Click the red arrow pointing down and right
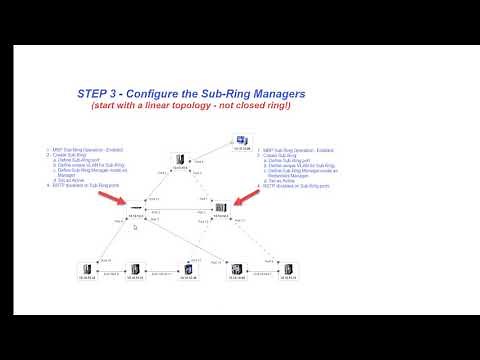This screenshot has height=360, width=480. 113,201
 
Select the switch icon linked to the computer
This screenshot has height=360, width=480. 179,159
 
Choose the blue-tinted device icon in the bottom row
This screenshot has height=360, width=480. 186,270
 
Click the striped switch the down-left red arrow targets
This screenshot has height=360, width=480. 222,209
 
